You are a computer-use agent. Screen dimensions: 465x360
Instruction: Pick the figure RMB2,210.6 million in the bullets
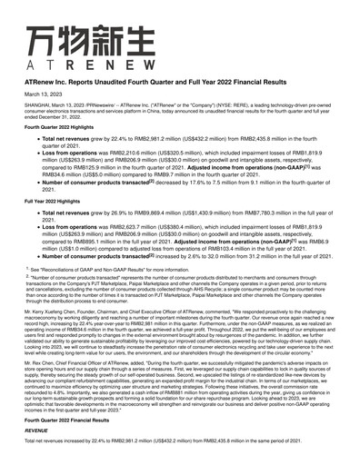(132, 154)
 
